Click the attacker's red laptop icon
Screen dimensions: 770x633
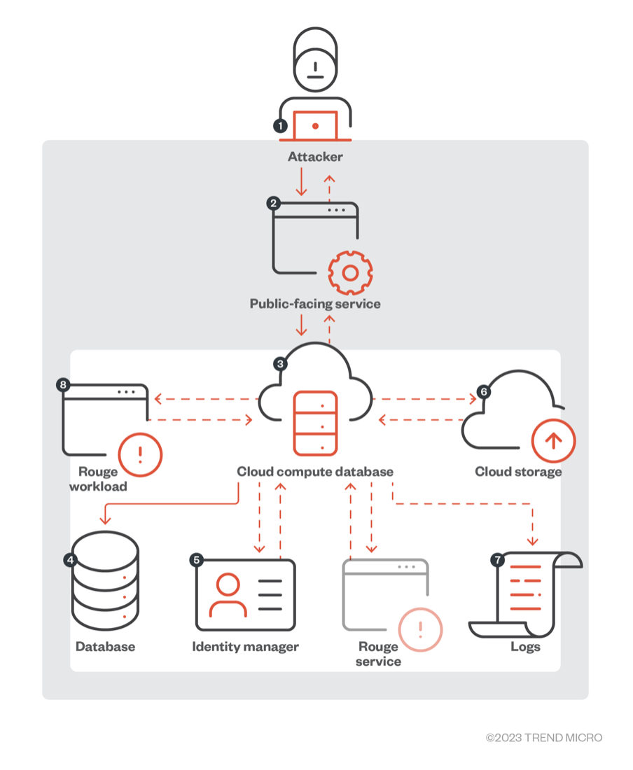pos(315,126)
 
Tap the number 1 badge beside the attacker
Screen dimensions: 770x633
pos(280,126)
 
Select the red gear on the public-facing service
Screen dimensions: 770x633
pos(350,272)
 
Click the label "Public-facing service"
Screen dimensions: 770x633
pos(315,304)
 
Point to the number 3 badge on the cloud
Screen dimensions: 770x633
pos(280,364)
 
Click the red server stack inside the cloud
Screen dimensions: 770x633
pos(315,424)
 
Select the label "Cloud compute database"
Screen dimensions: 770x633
pos(315,472)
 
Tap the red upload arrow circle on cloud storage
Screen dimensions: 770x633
pos(553,440)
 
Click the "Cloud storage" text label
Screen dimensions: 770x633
pos(518,472)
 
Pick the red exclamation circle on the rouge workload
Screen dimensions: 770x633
pos(140,454)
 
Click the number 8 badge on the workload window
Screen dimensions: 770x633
pos(64,385)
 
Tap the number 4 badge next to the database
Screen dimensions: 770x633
pos(70,559)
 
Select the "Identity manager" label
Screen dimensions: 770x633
pos(245,647)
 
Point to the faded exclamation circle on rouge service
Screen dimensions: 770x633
pos(420,629)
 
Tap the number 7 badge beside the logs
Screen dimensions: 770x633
pos(498,559)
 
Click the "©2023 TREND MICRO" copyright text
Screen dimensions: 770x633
pos(544,738)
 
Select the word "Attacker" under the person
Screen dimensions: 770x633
pos(315,157)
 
